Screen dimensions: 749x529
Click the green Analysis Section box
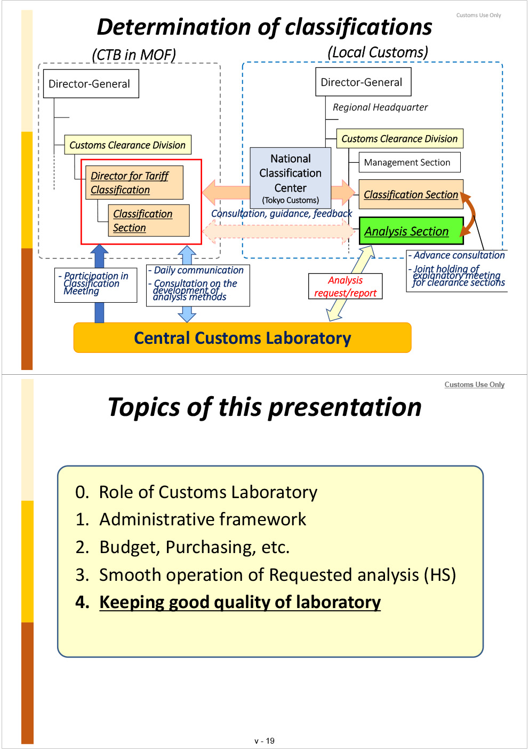411,231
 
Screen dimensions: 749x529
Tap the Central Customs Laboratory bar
242,338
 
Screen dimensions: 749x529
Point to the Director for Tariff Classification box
134,183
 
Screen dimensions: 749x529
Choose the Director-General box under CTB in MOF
91,84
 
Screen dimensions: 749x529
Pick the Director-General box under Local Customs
363,82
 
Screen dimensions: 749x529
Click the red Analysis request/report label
346,287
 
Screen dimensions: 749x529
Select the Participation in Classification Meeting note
95,285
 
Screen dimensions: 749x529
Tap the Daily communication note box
198,285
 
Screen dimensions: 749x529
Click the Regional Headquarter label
380,107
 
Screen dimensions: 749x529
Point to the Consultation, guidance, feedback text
282,214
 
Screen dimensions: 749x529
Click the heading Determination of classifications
264,27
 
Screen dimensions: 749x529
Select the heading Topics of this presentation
264,407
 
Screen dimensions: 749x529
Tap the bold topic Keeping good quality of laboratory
240,602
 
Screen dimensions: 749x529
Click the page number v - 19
264,741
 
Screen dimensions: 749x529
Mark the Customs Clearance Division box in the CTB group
127,145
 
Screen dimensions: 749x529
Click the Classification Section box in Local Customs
411,195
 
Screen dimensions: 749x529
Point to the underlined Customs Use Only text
474,384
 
